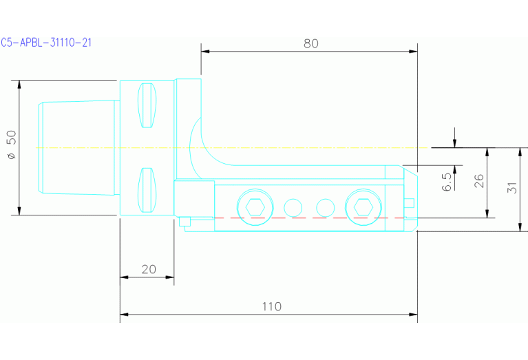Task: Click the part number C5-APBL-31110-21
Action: (x=47, y=43)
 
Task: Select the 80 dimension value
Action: (x=310, y=43)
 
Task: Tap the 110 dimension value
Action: (x=272, y=306)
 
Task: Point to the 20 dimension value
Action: (x=149, y=269)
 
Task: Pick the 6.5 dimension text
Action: (x=447, y=182)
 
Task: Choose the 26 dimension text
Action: (x=479, y=181)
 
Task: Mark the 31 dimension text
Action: (x=511, y=187)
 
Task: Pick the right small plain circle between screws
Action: (x=324, y=207)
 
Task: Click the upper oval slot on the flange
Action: (x=146, y=105)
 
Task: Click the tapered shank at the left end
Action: (x=76, y=147)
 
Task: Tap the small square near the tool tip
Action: (x=409, y=202)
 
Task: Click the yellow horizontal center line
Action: (x=275, y=148)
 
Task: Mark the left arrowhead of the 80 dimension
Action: (x=205, y=51)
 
